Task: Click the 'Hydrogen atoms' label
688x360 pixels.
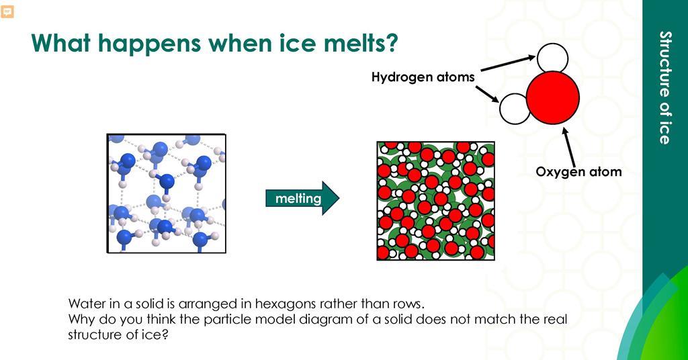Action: click(x=423, y=77)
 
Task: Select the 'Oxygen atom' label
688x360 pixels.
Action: click(x=578, y=171)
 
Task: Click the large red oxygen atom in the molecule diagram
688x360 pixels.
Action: click(x=553, y=97)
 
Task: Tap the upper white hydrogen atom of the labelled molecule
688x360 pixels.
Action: click(x=552, y=58)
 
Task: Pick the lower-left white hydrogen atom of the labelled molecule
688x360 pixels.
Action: click(x=515, y=109)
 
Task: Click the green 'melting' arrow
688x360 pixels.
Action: click(x=302, y=198)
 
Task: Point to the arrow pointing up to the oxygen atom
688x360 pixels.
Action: click(x=568, y=147)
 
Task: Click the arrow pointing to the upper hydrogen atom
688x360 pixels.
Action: click(x=508, y=63)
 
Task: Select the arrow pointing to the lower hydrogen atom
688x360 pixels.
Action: click(x=487, y=94)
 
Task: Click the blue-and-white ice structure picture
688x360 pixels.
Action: click(x=167, y=193)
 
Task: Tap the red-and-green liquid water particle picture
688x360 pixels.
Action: click(x=435, y=201)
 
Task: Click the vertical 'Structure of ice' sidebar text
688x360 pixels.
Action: click(x=665, y=87)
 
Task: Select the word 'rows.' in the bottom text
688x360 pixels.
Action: click(x=409, y=304)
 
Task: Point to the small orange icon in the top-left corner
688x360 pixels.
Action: click(x=7, y=12)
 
